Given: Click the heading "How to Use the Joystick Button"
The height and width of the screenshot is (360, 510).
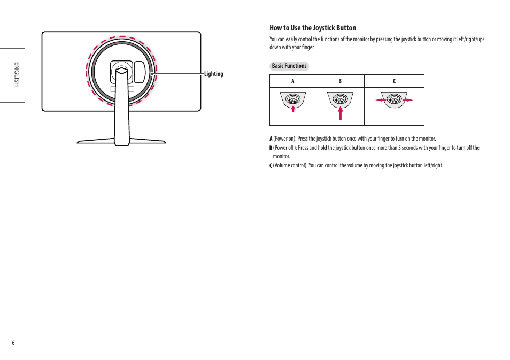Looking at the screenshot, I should [312, 28].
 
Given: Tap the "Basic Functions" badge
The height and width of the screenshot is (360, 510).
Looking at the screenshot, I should [289, 66].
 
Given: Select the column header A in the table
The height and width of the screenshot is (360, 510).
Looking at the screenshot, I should [292, 81].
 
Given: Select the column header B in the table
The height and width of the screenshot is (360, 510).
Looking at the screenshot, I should [340, 81].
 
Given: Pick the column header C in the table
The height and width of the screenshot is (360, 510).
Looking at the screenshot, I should [394, 81].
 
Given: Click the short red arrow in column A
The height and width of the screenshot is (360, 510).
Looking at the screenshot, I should [293, 108].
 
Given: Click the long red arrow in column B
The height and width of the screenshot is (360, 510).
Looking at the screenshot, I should [340, 112].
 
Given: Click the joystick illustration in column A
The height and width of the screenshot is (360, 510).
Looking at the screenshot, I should [292, 99].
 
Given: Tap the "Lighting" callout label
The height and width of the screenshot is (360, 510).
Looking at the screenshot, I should [213, 74].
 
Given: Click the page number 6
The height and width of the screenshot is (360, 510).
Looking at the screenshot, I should [13, 343].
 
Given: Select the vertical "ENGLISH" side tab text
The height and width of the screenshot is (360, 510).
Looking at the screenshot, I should [17, 74].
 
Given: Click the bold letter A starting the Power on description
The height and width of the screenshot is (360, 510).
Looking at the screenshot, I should [271, 139].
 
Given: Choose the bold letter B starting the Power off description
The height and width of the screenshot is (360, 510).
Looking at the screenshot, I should [271, 148].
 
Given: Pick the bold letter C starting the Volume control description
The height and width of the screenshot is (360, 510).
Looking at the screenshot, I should [271, 165].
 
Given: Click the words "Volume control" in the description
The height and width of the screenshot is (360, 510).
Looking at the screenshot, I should [290, 165].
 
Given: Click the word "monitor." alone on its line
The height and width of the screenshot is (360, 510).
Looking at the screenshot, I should [281, 157].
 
